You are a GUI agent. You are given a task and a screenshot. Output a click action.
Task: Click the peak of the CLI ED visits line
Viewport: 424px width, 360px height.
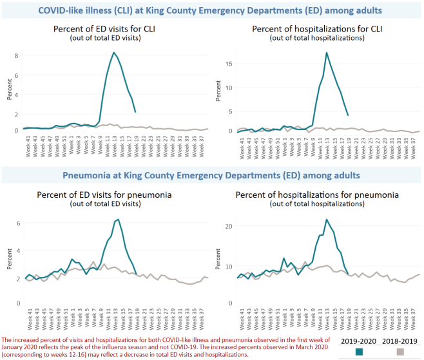(x=114, y=53)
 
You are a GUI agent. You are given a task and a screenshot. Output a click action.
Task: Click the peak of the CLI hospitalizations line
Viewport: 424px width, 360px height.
(x=327, y=53)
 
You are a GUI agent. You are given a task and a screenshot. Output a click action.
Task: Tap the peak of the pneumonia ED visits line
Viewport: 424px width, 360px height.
(x=118, y=220)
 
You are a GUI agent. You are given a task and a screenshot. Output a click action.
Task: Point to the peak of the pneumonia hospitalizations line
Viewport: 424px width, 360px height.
(x=327, y=220)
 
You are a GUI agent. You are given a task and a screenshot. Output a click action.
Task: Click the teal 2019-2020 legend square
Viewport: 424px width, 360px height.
(x=359, y=352)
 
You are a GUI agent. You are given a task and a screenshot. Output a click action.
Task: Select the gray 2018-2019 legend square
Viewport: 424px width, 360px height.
(x=400, y=352)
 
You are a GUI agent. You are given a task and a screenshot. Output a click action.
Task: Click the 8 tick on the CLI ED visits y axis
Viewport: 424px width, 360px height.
(x=17, y=55)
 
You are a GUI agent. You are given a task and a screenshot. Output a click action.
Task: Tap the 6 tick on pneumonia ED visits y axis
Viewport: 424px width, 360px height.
(x=17, y=223)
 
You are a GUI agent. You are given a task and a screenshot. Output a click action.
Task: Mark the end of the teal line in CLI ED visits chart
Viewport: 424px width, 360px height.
(x=135, y=112)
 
